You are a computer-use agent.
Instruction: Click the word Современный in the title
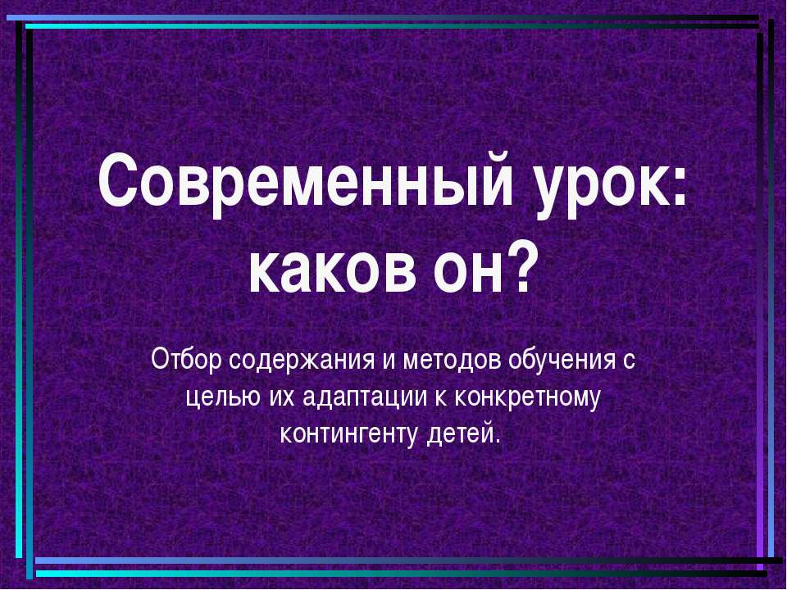click(299, 184)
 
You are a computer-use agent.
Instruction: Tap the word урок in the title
click(593, 184)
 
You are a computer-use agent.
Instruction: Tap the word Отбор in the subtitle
click(186, 361)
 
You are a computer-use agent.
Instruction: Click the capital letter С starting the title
click(116, 184)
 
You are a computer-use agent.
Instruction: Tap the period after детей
click(497, 439)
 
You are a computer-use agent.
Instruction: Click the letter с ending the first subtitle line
click(630, 362)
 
